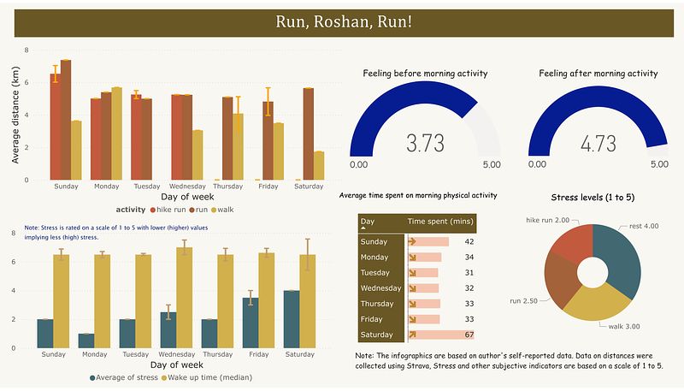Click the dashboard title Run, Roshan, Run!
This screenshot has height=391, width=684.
pos(342,22)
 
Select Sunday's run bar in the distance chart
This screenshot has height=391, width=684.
pos(66,120)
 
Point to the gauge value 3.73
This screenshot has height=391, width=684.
pos(425,143)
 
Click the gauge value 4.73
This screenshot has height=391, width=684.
pos(598,143)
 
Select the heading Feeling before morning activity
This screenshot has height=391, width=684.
pos(424,74)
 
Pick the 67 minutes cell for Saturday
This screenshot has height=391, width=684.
pos(469,335)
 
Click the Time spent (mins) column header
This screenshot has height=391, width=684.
pos(440,222)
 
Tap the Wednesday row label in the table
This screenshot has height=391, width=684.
pos(380,288)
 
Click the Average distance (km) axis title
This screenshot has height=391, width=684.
pos(15,115)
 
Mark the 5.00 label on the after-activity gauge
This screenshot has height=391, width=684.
pos(659,164)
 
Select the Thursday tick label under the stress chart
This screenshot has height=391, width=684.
pos(217,354)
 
